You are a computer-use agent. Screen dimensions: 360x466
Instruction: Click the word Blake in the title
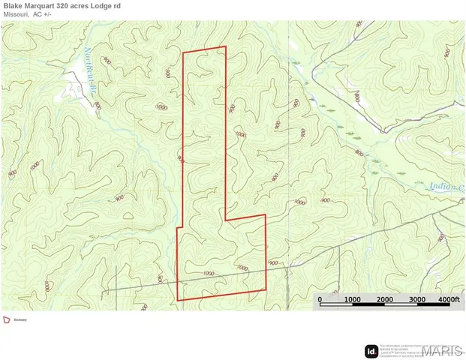(14, 6)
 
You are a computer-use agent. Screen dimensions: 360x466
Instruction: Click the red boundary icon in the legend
(6, 319)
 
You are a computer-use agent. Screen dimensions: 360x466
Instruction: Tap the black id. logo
(371, 350)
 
